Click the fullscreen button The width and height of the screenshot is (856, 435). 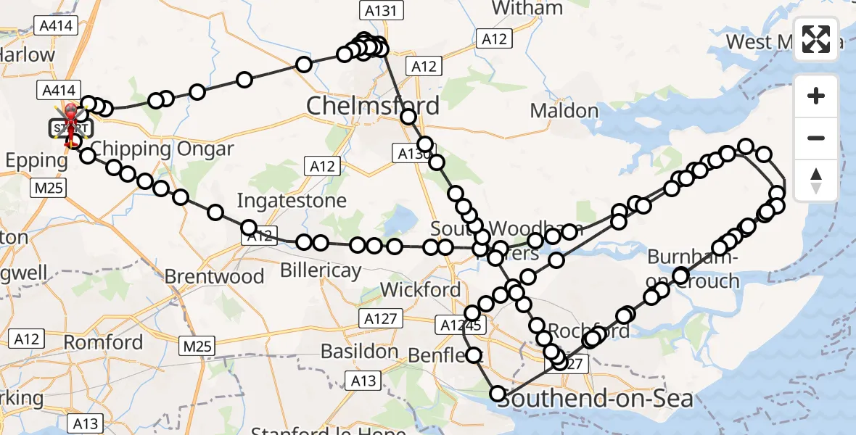pos(816,39)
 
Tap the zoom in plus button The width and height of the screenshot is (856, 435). pos(816,96)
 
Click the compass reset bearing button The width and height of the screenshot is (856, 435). pos(816,181)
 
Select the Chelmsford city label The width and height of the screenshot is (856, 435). pos(373,106)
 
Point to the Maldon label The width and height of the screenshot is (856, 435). pos(564,111)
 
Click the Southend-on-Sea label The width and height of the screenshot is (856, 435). pos(595,398)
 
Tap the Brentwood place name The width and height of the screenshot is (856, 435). pos(214,276)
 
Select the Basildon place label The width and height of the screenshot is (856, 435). pos(360,352)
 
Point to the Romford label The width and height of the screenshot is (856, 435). pos(104,341)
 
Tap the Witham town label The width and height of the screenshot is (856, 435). pos(527,9)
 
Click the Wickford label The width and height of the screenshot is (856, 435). pos(420,290)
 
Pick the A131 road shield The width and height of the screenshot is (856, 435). pos(376,10)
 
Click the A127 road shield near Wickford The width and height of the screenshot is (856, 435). pos(380,318)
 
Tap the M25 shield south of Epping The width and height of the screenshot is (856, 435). pos(49,188)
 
